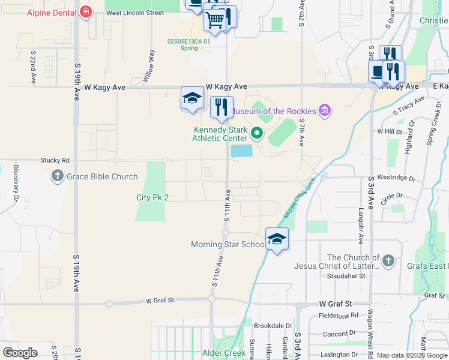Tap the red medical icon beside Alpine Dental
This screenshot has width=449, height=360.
coord(86,12)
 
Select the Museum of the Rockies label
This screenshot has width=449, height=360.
coord(274,111)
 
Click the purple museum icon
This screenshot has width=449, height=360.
coord(325,110)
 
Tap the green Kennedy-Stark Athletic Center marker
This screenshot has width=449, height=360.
coord(257,133)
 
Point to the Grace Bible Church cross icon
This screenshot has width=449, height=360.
coord(58,176)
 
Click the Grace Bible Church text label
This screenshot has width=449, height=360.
coord(102,176)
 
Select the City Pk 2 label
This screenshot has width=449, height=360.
coord(152,197)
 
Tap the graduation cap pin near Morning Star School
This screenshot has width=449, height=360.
coord(277,239)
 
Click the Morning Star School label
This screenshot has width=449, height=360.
coord(228,244)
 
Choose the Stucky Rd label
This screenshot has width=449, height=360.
coord(55,160)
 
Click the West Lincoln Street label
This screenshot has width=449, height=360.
coord(135,13)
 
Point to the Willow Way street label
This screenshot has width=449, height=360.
coord(149,62)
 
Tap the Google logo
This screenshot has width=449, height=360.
coord(20,353)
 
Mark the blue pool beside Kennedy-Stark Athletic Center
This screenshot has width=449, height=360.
coord(241,151)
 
